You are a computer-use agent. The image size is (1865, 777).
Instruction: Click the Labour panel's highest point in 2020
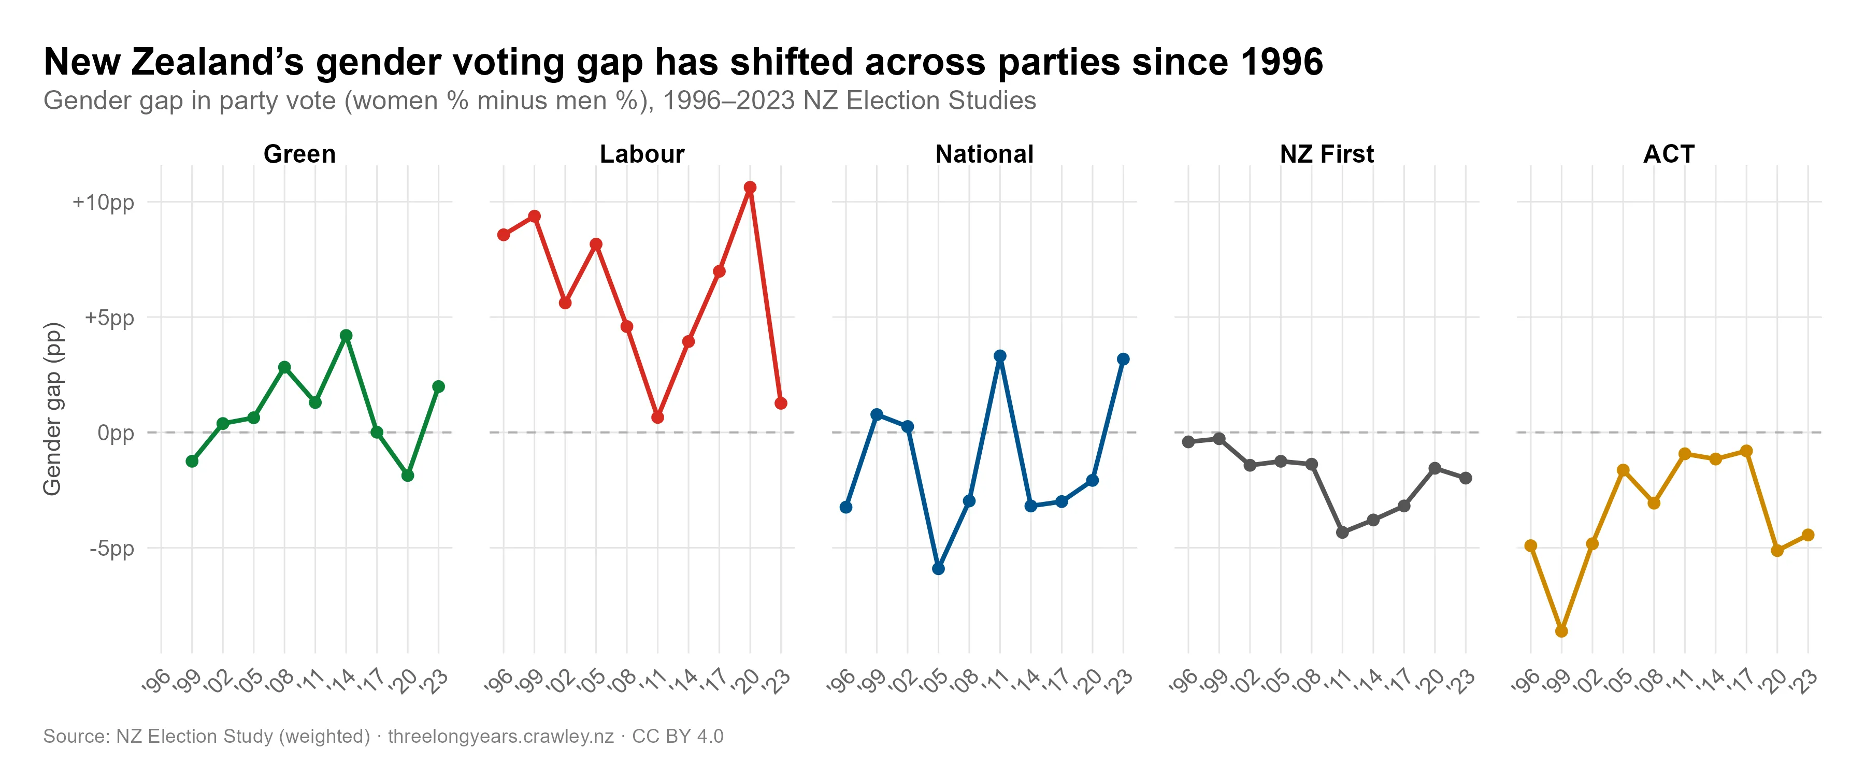(x=750, y=188)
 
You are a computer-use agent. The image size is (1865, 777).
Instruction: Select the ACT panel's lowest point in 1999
(x=1561, y=631)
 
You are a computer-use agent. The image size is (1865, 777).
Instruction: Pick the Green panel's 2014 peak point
(x=346, y=335)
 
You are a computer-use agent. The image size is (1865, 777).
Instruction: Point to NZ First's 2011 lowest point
(x=1342, y=532)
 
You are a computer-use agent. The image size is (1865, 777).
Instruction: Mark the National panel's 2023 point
(x=1123, y=359)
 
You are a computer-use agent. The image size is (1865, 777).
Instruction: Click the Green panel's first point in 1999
(x=192, y=461)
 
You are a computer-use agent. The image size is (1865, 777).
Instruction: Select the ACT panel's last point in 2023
(x=1808, y=535)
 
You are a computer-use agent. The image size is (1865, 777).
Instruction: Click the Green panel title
(x=300, y=154)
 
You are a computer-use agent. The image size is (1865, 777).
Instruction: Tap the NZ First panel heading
(x=1326, y=154)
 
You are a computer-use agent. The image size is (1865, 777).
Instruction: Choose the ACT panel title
(x=1669, y=154)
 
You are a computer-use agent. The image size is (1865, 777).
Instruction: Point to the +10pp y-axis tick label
(x=104, y=202)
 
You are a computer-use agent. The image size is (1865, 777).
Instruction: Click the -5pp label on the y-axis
(x=112, y=548)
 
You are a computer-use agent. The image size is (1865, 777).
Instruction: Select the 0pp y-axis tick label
(x=116, y=433)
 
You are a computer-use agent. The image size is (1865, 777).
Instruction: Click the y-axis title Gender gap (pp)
(x=53, y=409)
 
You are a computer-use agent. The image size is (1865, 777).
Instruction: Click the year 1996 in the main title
(x=1282, y=62)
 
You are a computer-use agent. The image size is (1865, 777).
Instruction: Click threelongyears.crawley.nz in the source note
(x=501, y=737)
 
